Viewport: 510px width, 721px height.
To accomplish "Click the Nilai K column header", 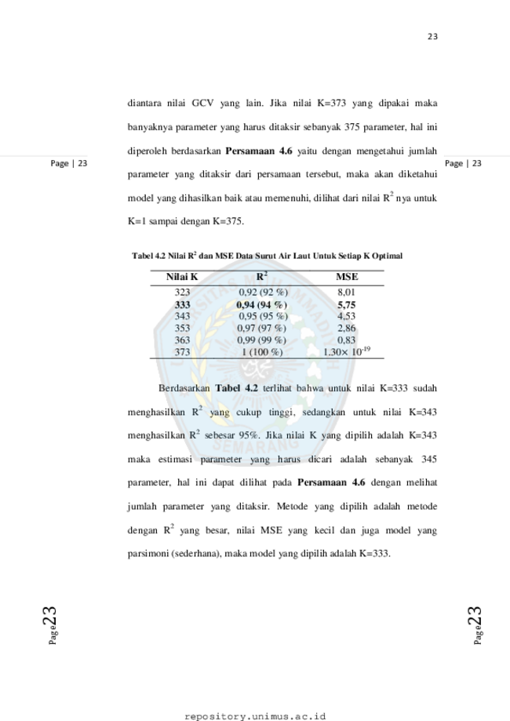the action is (x=182, y=277).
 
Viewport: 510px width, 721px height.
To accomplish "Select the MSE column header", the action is (x=347, y=277).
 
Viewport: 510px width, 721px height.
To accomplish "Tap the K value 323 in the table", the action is (x=182, y=292).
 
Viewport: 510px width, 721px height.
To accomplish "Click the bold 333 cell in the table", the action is (x=182, y=305).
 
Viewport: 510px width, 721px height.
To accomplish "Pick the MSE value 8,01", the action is (x=346, y=292).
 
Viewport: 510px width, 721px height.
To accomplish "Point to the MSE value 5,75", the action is (x=346, y=305).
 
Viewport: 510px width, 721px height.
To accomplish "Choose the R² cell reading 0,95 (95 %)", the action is (x=263, y=316).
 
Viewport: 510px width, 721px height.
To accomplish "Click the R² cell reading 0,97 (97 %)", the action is (x=261, y=328).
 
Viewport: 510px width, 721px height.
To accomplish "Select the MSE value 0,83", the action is (x=346, y=340).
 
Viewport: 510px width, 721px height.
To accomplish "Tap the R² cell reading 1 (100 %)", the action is (x=262, y=352).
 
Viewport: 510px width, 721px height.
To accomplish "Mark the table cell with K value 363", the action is (x=182, y=340).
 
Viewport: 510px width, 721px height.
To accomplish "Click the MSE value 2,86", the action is (x=346, y=328).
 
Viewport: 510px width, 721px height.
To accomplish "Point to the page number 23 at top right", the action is (x=432, y=37).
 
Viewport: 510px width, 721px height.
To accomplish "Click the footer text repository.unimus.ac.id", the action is (x=255, y=716).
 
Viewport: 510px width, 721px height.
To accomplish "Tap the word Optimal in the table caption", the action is (x=387, y=256).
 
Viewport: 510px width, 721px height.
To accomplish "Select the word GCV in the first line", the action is (x=202, y=103).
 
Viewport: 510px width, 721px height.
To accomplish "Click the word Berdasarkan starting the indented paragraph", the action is (x=184, y=388).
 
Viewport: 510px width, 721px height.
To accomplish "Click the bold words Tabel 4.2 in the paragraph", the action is (x=236, y=388).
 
